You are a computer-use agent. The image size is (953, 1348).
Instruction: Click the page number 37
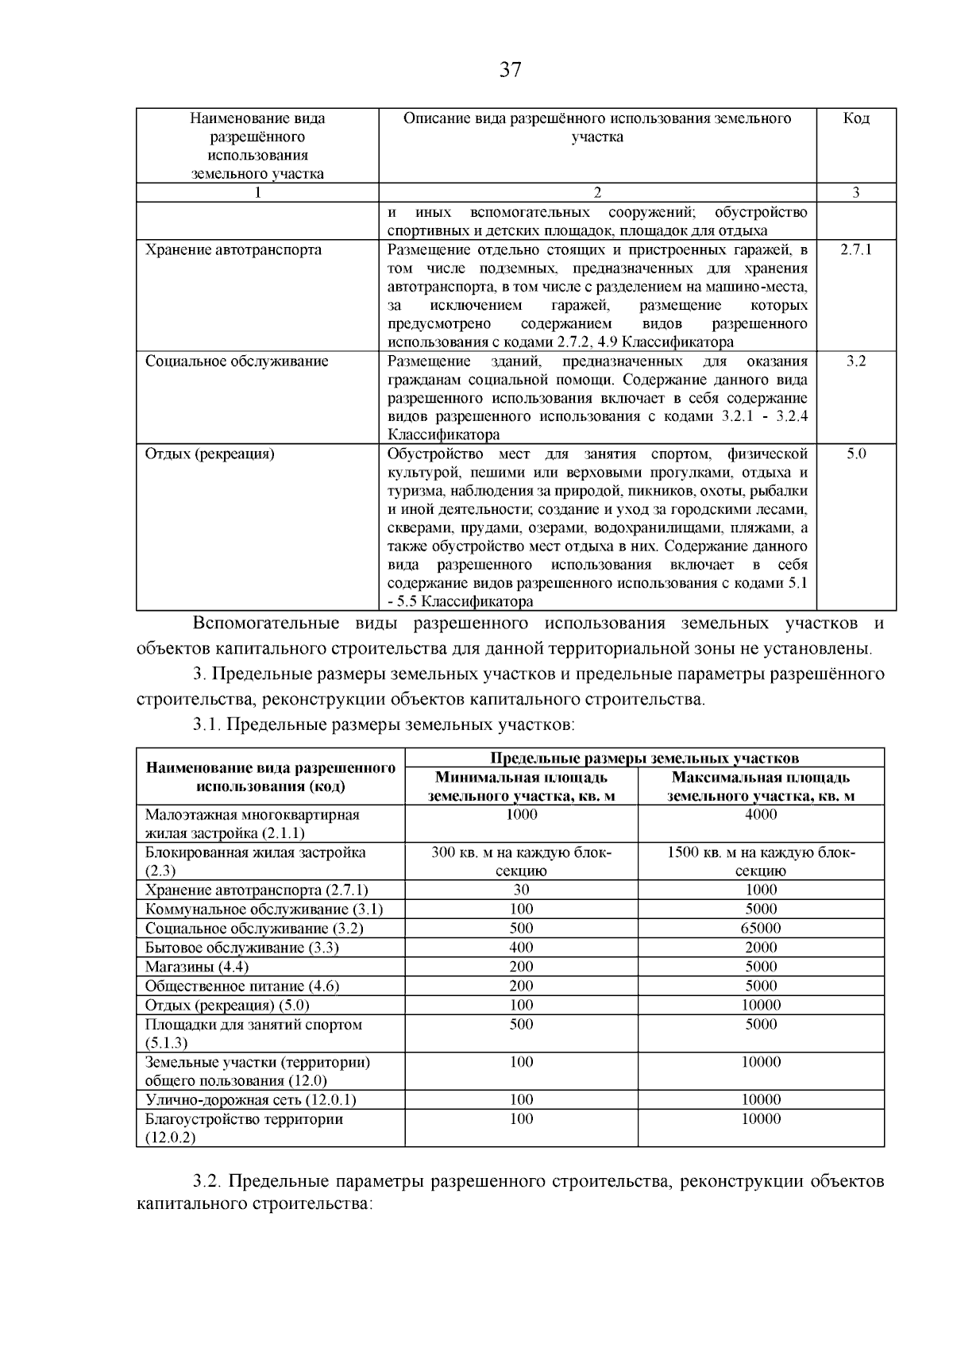click(x=511, y=71)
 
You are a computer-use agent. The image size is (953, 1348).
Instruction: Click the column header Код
click(x=856, y=119)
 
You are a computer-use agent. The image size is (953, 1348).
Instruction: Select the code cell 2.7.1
click(x=856, y=249)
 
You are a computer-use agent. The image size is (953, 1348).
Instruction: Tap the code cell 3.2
click(x=856, y=361)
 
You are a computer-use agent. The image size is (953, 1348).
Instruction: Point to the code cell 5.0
click(x=856, y=454)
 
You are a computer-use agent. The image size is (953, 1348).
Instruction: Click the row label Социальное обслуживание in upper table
click(x=236, y=361)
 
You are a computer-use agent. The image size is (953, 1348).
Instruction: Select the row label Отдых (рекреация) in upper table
click(x=210, y=454)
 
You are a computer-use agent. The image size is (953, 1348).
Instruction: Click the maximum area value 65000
click(x=761, y=929)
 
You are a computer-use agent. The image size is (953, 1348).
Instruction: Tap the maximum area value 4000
click(x=761, y=815)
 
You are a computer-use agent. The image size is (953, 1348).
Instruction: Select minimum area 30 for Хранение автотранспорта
click(x=522, y=890)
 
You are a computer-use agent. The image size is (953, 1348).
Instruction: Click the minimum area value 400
click(x=522, y=948)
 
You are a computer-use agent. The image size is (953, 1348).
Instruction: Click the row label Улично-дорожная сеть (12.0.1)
click(x=251, y=1100)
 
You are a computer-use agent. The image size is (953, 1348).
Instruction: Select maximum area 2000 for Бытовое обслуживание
click(x=761, y=948)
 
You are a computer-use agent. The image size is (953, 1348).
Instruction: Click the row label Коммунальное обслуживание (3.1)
click(x=264, y=910)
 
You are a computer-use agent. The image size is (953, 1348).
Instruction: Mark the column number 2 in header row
click(x=597, y=192)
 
